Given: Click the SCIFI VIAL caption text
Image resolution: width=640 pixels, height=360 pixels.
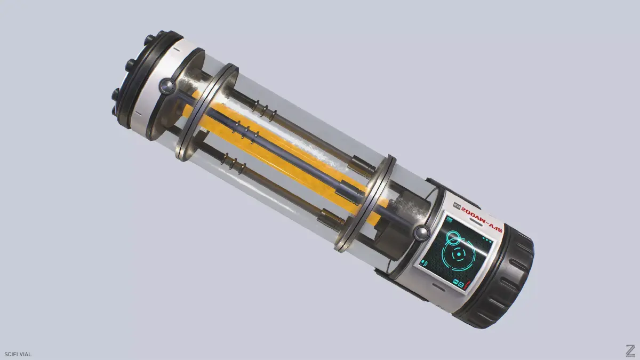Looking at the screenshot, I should (x=18, y=354).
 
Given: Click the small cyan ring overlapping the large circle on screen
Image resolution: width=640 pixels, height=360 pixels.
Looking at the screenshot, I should (x=453, y=236).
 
